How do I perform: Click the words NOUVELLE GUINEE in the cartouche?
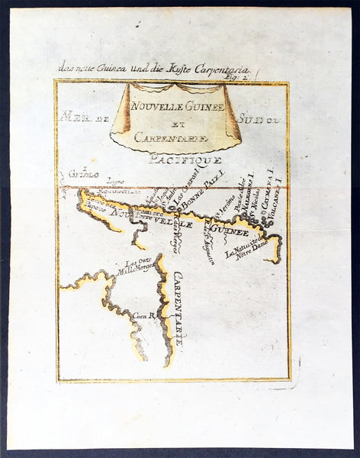(177, 108)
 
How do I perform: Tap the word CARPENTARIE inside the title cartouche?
(176, 138)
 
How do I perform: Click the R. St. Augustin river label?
(207, 237)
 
